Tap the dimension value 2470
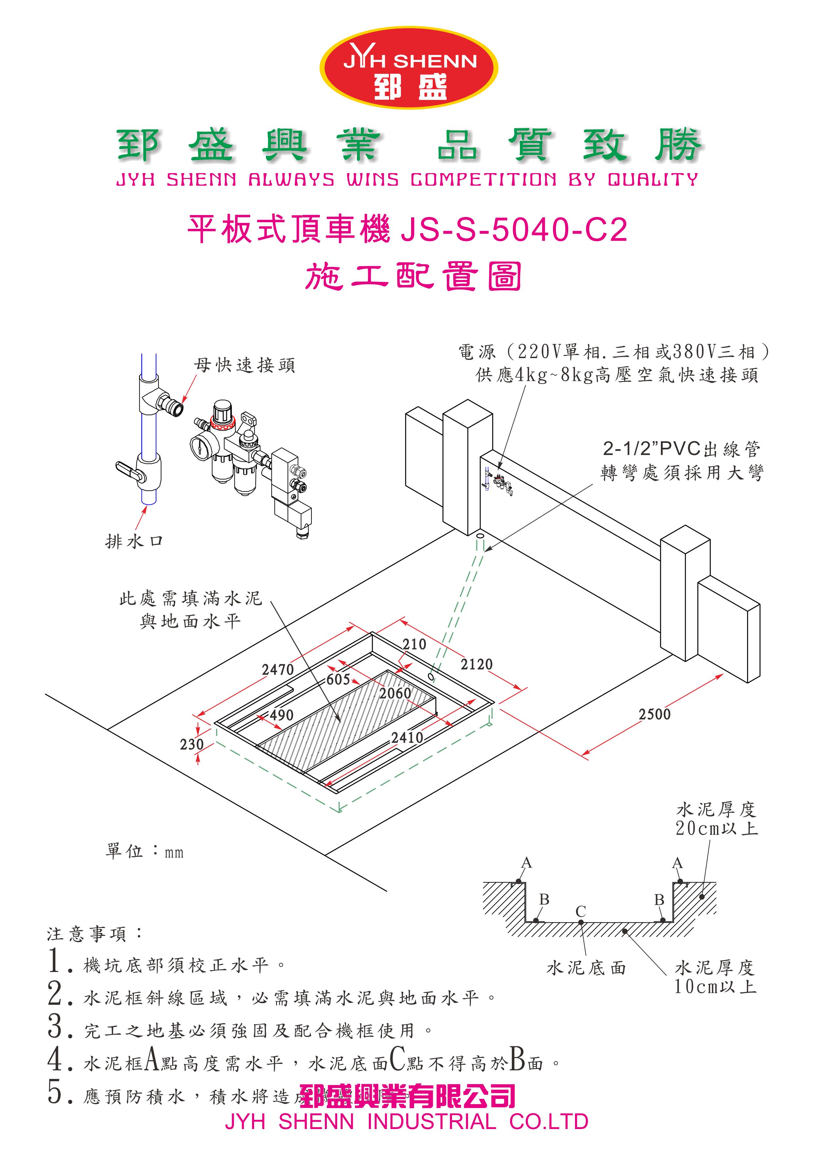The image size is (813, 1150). tap(278, 670)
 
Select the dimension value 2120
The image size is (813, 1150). tap(476, 664)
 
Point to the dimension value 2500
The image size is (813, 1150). tap(654, 714)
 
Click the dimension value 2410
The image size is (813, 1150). tap(407, 737)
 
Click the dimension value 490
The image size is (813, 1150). tap(282, 715)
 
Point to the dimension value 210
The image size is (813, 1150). tap(414, 644)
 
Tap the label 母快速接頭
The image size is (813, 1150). tap(245, 366)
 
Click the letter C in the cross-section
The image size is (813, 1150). tap(581, 911)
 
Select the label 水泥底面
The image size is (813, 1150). tap(586, 968)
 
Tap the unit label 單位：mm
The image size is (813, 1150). tap(144, 851)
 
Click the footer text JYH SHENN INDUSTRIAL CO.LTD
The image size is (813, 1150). tap(406, 1122)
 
